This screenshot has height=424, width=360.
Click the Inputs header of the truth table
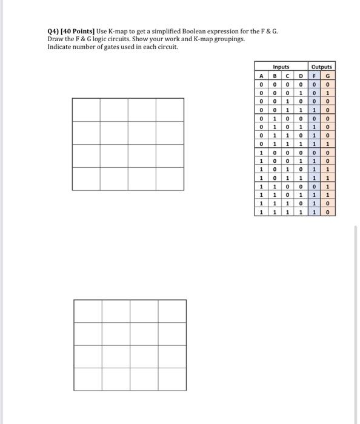281,67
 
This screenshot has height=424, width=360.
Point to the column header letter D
301,76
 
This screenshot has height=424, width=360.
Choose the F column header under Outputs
315,76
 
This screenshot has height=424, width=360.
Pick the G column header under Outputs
328,76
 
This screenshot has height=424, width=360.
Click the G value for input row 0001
328,94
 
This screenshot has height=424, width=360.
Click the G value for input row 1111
328,213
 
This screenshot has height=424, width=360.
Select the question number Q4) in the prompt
53,31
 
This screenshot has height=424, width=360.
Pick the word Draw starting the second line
54,39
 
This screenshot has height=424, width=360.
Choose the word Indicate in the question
59,47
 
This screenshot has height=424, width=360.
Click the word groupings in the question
229,39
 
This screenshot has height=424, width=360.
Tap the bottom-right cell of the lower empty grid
172,379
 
